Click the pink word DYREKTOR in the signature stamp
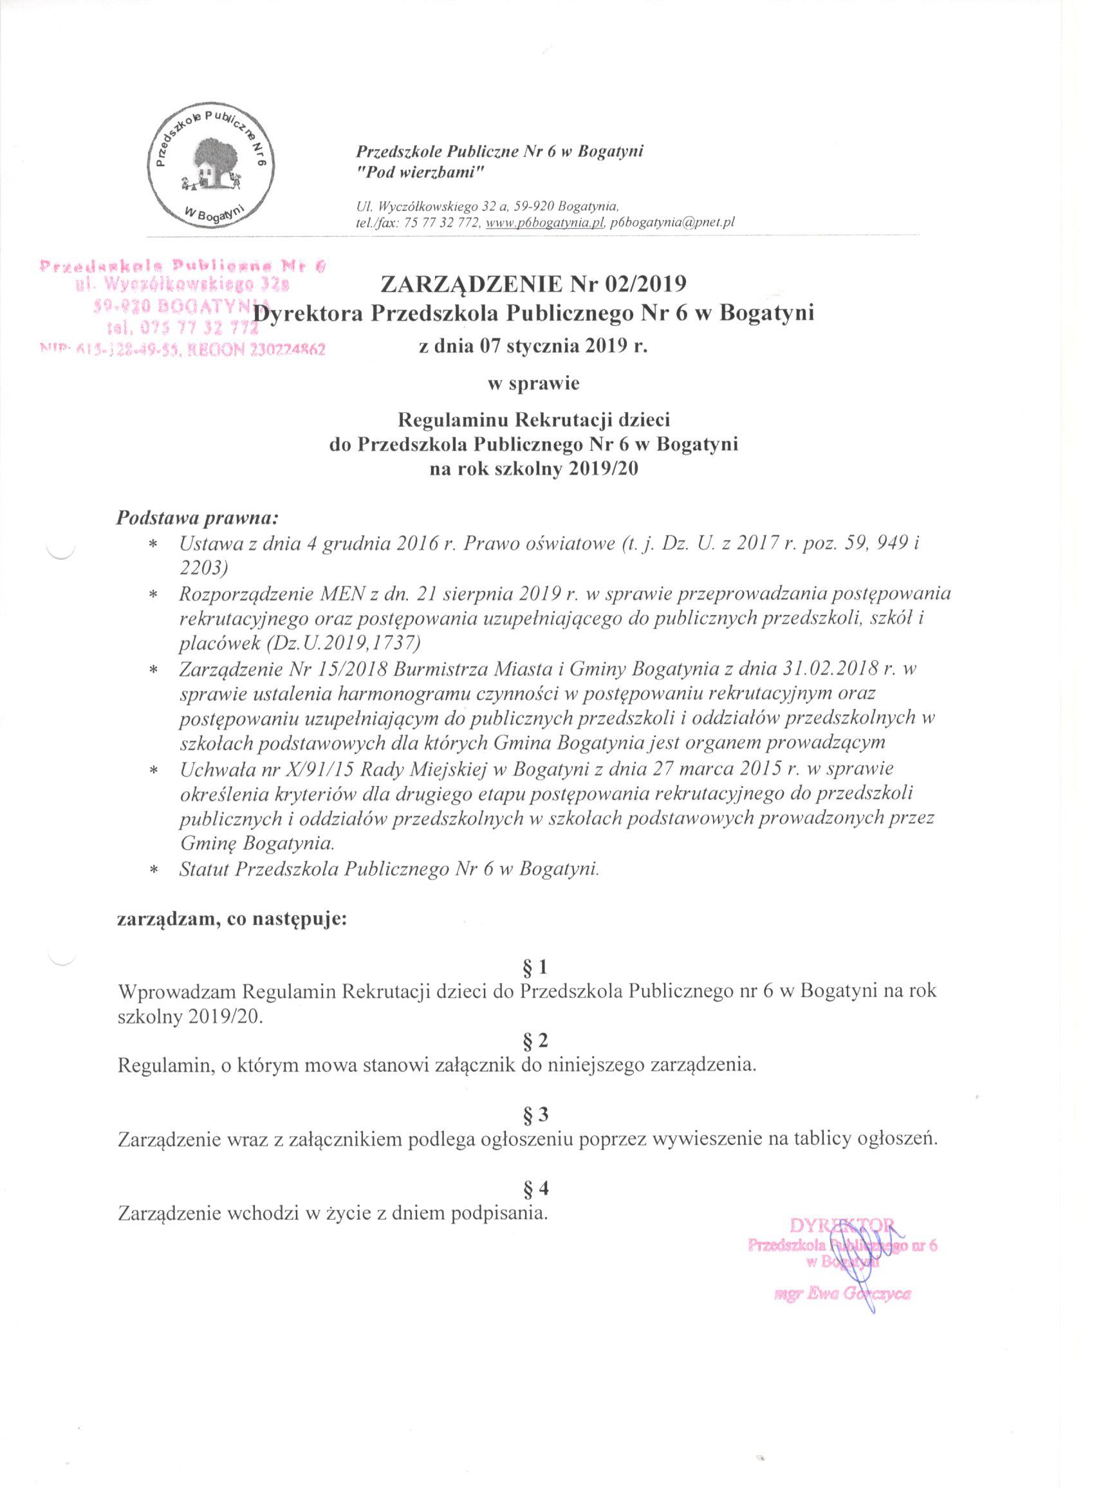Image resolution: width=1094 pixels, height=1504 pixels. (x=843, y=1225)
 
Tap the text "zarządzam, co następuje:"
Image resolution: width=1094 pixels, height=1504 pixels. (x=232, y=920)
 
